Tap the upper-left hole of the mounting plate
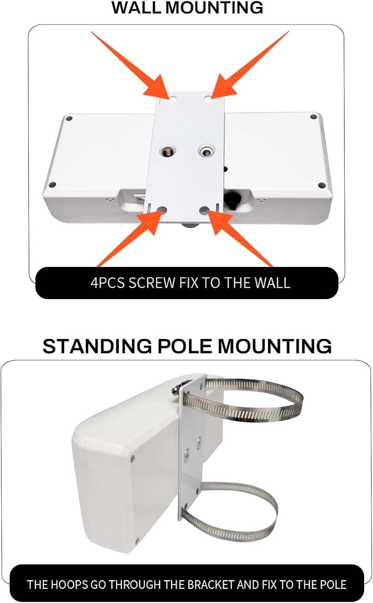coord(172,98)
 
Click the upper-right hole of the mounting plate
coord(208,98)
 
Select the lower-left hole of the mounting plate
coord(163,210)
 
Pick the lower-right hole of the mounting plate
coord(204,210)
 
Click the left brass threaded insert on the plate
coord(166,152)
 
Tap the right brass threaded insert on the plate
coord(206,152)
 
